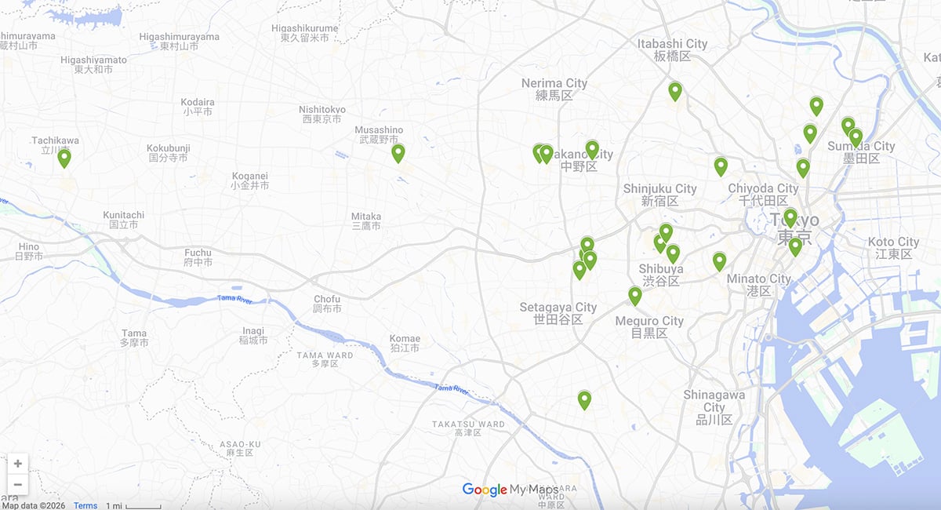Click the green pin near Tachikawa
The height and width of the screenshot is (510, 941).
click(64, 158)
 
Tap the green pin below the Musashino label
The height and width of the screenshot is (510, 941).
click(398, 153)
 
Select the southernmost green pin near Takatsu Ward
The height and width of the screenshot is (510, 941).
click(584, 400)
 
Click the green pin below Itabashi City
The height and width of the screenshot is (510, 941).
click(675, 91)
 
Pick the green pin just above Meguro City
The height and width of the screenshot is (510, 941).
click(635, 296)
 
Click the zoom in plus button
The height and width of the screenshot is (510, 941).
click(18, 464)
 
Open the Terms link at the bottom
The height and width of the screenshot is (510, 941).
click(85, 505)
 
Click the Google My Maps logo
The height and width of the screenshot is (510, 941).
click(510, 490)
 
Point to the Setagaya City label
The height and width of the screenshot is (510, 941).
click(558, 313)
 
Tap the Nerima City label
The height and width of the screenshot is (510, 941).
click(554, 89)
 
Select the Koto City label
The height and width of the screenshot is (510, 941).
click(893, 248)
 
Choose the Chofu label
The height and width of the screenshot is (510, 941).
click(327, 304)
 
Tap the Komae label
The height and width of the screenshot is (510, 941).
click(405, 343)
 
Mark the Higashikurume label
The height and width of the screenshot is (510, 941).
click(305, 33)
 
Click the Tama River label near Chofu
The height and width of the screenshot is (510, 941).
click(236, 299)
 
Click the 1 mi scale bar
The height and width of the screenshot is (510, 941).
click(133, 506)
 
